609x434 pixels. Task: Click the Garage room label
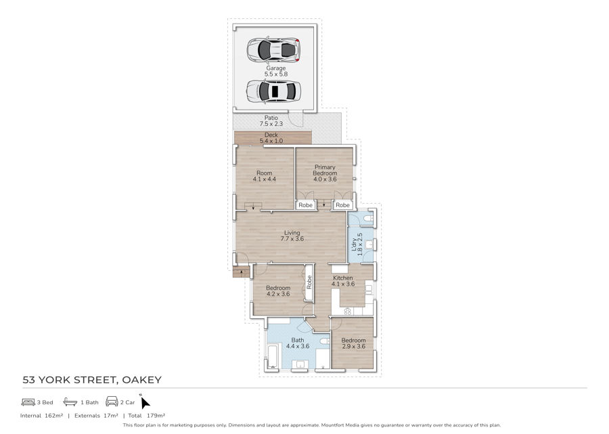click(276, 71)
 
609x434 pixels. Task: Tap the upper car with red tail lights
click(274, 49)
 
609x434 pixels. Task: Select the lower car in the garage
click(273, 91)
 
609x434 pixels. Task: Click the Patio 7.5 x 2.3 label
click(271, 121)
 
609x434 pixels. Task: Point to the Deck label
click(271, 135)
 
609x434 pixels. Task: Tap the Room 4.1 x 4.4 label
click(264, 176)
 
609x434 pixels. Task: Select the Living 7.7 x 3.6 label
click(292, 236)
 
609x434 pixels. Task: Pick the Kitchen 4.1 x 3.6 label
click(343, 281)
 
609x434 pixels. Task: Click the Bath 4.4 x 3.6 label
click(298, 343)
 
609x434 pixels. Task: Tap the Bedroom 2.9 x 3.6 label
click(353, 343)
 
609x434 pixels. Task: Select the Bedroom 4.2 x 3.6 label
click(278, 291)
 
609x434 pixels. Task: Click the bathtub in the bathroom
click(273, 356)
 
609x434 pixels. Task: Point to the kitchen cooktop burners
click(348, 311)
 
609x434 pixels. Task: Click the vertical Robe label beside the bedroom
click(309, 282)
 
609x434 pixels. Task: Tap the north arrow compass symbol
click(145, 402)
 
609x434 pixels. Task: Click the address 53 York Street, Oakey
click(92, 380)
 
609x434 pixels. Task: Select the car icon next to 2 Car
click(112, 402)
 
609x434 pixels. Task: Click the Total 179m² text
click(148, 415)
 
